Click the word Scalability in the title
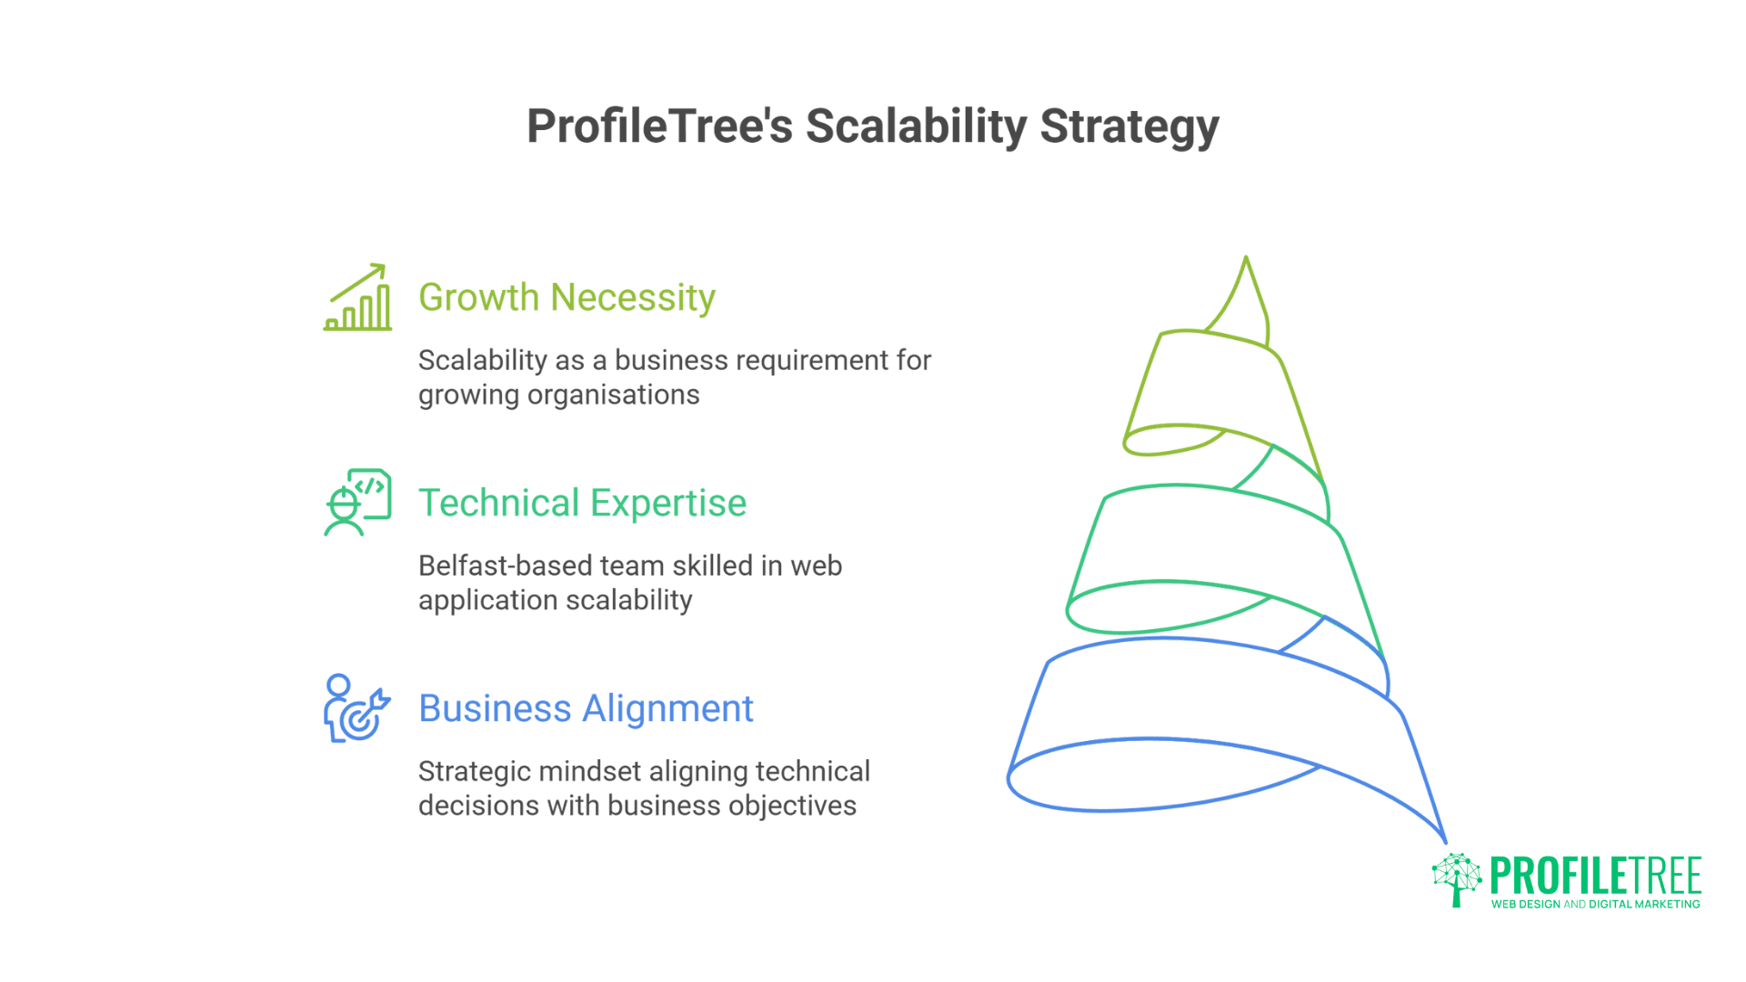tap(916, 126)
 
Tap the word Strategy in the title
tap(1129, 126)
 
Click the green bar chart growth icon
tap(357, 298)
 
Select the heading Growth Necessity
tap(567, 297)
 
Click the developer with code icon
tap(357, 502)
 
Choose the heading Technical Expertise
tap(582, 503)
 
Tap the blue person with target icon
tap(356, 708)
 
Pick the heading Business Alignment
tap(586, 708)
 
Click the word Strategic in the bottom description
tap(475, 771)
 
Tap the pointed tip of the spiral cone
tap(1246, 259)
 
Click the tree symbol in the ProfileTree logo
tap(1456, 879)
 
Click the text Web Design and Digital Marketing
tap(1595, 904)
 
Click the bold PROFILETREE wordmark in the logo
tap(1595, 876)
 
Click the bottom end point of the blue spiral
tap(1445, 841)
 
